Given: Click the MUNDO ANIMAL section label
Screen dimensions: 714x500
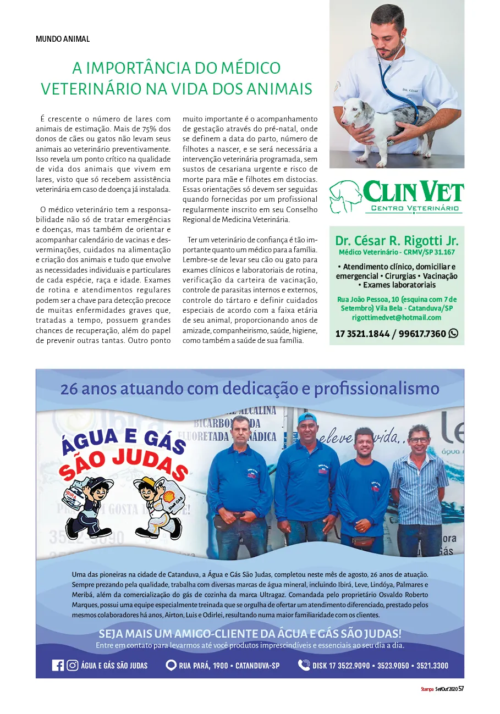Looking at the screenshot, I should tap(62, 39).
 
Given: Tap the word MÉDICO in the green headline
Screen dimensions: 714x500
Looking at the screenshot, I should tap(250, 68).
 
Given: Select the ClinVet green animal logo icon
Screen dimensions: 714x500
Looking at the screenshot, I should tap(345, 196).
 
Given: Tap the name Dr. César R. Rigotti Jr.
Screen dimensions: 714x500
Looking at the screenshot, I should tap(397, 241).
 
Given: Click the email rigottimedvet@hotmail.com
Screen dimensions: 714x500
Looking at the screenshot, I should tap(397, 318).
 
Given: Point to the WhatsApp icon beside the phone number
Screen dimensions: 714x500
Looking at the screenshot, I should tap(453, 333).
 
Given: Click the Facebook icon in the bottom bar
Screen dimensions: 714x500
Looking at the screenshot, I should tap(58, 665).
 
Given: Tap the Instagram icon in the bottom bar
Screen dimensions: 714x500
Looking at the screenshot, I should tap(72, 665).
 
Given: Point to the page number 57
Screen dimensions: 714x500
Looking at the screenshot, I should tap(461, 689).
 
